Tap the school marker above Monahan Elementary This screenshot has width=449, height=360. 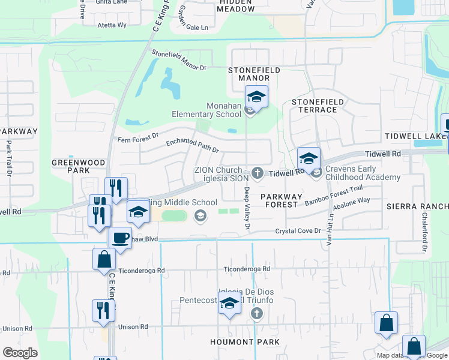(256, 97)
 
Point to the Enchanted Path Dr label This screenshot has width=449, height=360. (193, 145)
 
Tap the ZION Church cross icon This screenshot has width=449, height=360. (258, 173)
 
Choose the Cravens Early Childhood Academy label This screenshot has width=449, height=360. (363, 173)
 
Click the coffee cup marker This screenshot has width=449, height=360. (120, 238)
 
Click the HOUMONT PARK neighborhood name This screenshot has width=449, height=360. (245, 342)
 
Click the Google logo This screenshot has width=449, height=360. (20, 353)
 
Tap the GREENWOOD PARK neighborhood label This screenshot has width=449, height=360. (79, 166)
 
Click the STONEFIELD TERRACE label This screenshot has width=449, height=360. (318, 106)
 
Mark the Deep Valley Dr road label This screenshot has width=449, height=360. (246, 208)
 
